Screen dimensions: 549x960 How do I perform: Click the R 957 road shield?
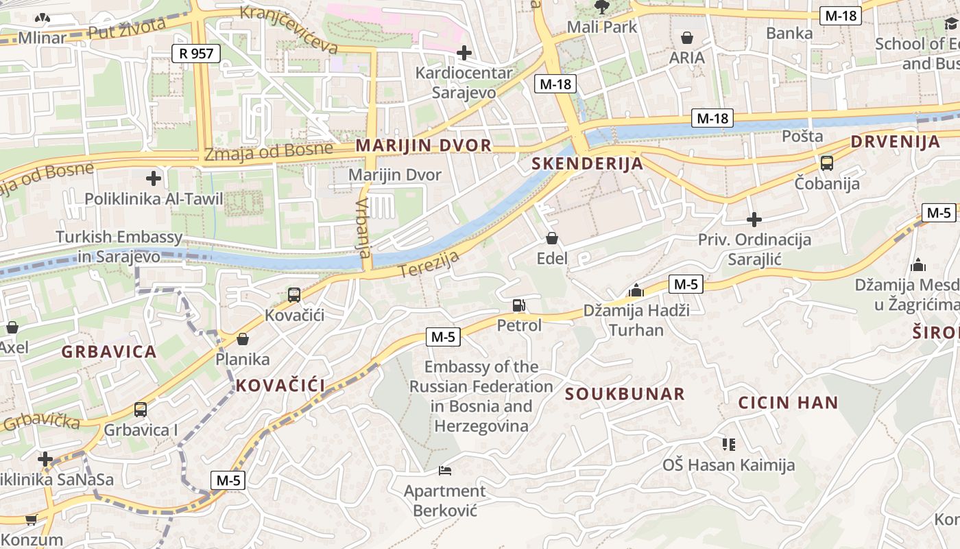196,53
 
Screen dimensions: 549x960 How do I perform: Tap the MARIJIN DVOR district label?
423,145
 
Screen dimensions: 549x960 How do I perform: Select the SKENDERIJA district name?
587,163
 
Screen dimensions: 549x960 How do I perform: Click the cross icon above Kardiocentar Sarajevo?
464,52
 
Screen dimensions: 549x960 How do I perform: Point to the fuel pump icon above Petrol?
519,305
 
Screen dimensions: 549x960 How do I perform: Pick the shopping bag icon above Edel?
552,238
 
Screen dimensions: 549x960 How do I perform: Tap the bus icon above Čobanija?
827,163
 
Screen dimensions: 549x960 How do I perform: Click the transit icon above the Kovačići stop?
294,295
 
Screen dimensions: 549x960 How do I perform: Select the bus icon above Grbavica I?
141,410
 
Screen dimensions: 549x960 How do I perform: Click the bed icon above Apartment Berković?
445,471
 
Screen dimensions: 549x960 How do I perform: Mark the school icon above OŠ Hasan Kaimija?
728,445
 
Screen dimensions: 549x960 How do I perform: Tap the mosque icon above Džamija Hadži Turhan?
636,290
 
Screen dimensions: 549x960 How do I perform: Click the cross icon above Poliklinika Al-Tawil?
154,179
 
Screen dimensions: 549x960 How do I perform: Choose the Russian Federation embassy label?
481,396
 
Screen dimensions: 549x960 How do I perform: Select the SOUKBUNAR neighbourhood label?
624,394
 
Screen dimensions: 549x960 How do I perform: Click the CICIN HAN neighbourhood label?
788,403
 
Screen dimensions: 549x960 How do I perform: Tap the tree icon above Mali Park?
602,8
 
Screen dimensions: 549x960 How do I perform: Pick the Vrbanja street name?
364,226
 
